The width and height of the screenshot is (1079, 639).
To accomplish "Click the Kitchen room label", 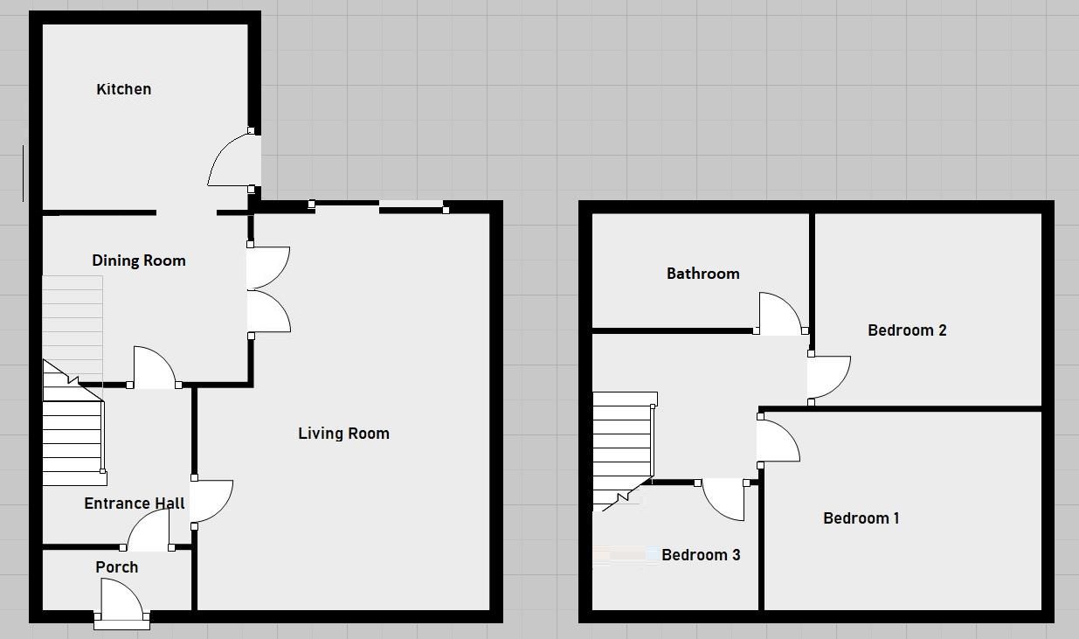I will pyautogui.click(x=123, y=89).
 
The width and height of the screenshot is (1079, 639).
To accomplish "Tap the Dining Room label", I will pyautogui.click(x=138, y=260).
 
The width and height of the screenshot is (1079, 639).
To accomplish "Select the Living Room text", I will pyautogui.click(x=343, y=434).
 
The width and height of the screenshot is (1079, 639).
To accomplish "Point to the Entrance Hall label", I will pyautogui.click(x=134, y=504).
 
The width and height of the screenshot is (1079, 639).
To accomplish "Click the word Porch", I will pyautogui.click(x=116, y=567).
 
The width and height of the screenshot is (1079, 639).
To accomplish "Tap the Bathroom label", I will pyautogui.click(x=702, y=274).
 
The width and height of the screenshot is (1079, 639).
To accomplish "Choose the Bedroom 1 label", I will pyautogui.click(x=861, y=518).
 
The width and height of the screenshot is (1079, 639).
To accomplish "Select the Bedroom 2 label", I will pyautogui.click(x=907, y=330).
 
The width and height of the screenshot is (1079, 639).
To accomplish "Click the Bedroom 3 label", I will pyautogui.click(x=701, y=555).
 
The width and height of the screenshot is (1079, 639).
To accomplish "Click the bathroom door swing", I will pyautogui.click(x=779, y=313).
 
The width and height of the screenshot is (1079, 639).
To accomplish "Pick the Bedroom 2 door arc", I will pyautogui.click(x=828, y=377).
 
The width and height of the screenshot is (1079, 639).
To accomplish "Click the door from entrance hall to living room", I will pyautogui.click(x=211, y=502).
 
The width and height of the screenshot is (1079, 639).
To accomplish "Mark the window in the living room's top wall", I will pyautogui.click(x=378, y=206).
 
